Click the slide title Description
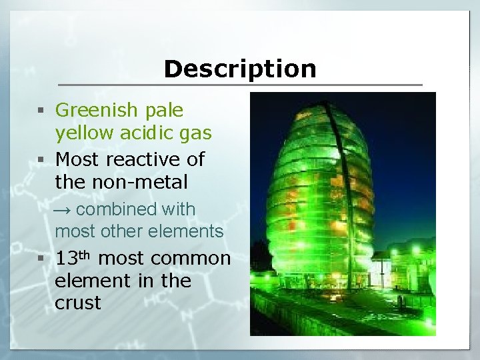(240, 69)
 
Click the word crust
(78, 303)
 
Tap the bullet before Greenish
(41, 111)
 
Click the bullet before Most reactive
(41, 160)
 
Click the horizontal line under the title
(240, 85)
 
